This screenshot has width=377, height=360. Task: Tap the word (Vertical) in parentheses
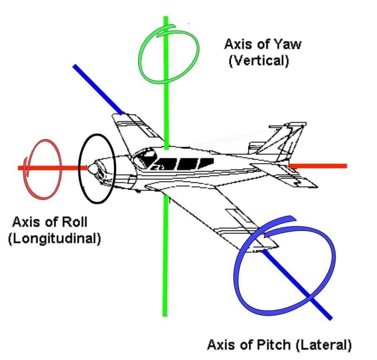tap(259, 61)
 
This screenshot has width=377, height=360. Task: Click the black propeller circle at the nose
tap(80, 168)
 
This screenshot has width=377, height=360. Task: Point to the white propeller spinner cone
tap(93, 169)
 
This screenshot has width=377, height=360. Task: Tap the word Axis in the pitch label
tap(221, 345)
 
